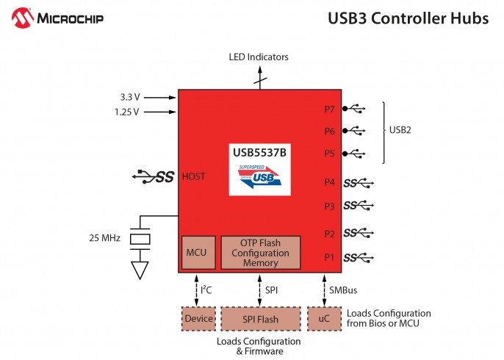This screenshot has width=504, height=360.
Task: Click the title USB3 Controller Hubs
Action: pyautogui.click(x=408, y=18)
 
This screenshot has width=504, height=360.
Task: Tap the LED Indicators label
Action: pyautogui.click(x=258, y=57)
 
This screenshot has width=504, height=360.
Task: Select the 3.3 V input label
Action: pyautogui.click(x=129, y=96)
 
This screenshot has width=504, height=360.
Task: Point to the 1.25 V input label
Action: pyautogui.click(x=127, y=112)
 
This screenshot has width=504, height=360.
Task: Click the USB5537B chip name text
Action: pyautogui.click(x=259, y=153)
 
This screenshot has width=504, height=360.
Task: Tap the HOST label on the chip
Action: pyautogui.click(x=193, y=176)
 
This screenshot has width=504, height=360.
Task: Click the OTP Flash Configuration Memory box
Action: pyautogui.click(x=260, y=253)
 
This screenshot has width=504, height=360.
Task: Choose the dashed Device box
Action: pyautogui.click(x=198, y=319)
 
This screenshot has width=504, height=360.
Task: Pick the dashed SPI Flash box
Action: pyautogui.click(x=260, y=319)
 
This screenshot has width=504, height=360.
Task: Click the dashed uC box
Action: pyautogui.click(x=324, y=319)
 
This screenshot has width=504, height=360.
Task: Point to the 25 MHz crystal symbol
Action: pyautogui.click(x=140, y=239)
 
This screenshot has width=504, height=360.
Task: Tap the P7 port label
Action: pyautogui.click(x=329, y=109)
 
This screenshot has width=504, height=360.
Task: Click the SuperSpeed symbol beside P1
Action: pyautogui.click(x=359, y=257)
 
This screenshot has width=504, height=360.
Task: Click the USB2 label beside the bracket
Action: pyautogui.click(x=400, y=131)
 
